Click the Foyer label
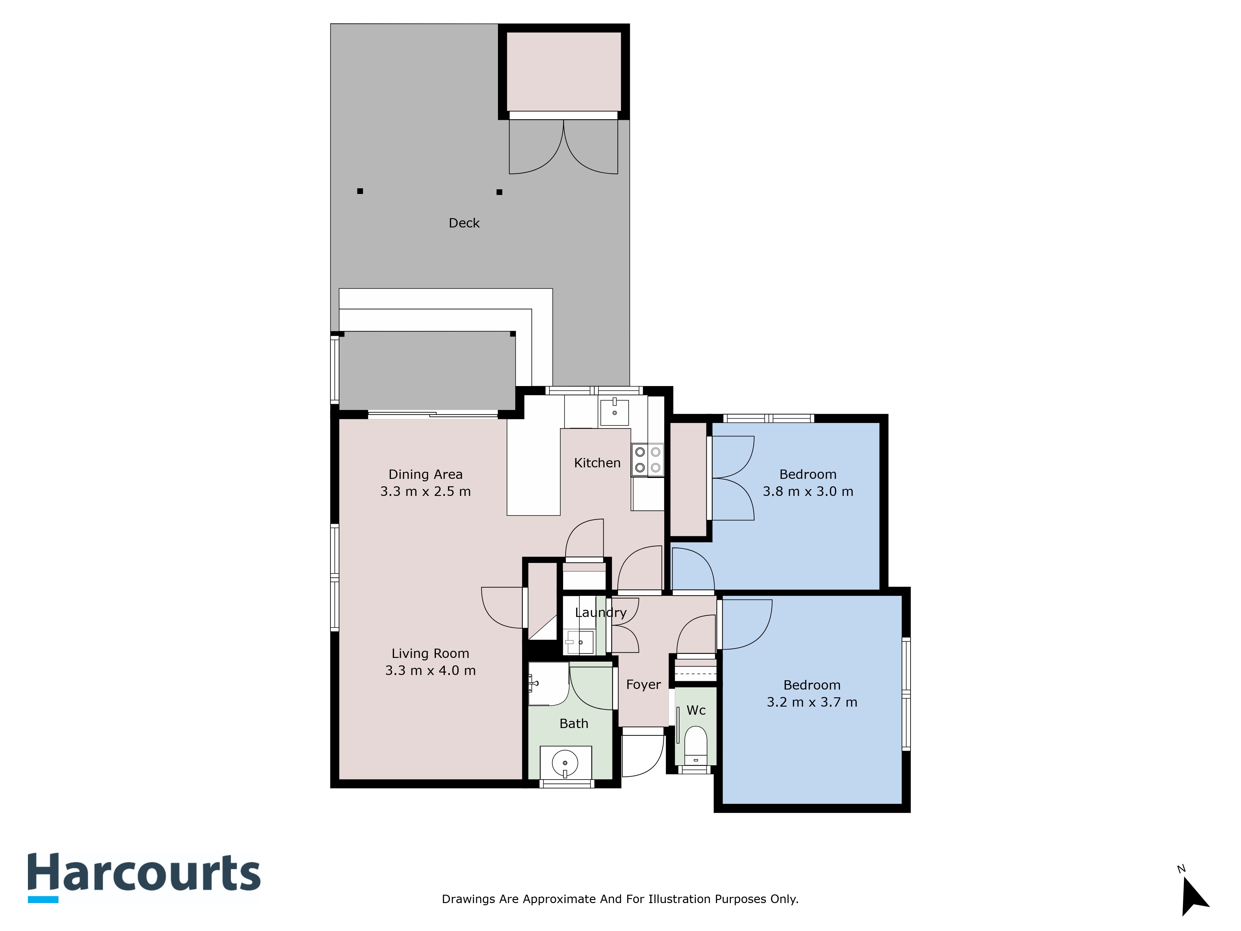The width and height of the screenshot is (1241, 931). pos(643,685)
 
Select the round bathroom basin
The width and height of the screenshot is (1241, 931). pos(565,763)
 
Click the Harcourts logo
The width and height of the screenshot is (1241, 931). pos(144,877)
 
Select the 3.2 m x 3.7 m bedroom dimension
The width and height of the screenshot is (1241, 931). pos(812,702)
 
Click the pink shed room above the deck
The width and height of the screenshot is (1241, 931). pos(564,71)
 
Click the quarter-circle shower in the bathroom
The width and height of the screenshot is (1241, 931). pos(548,684)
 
